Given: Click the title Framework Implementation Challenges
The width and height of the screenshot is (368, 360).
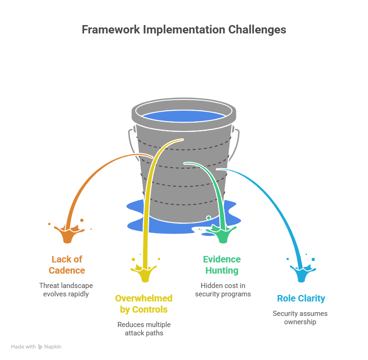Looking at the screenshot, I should pos(184,30).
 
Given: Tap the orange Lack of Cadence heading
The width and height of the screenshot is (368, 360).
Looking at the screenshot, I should pos(67,265).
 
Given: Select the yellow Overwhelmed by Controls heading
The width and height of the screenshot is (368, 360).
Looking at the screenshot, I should pos(144,304).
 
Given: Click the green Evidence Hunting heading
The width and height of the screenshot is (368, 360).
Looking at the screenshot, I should pos(222,265).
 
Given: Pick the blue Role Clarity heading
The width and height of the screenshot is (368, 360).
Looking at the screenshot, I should pos(301,298).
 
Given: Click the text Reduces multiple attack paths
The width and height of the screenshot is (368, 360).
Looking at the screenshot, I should pos(144,329).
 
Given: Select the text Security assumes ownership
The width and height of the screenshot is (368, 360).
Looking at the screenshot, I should pos(300,318).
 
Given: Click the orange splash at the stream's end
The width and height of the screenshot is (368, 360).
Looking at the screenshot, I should pos(68,234).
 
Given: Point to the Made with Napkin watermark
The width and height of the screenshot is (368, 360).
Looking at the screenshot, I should pos(36,347).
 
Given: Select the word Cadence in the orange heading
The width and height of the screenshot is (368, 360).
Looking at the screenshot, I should pos(67,270).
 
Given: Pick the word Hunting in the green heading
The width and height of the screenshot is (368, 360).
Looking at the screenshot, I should pos(222,270).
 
